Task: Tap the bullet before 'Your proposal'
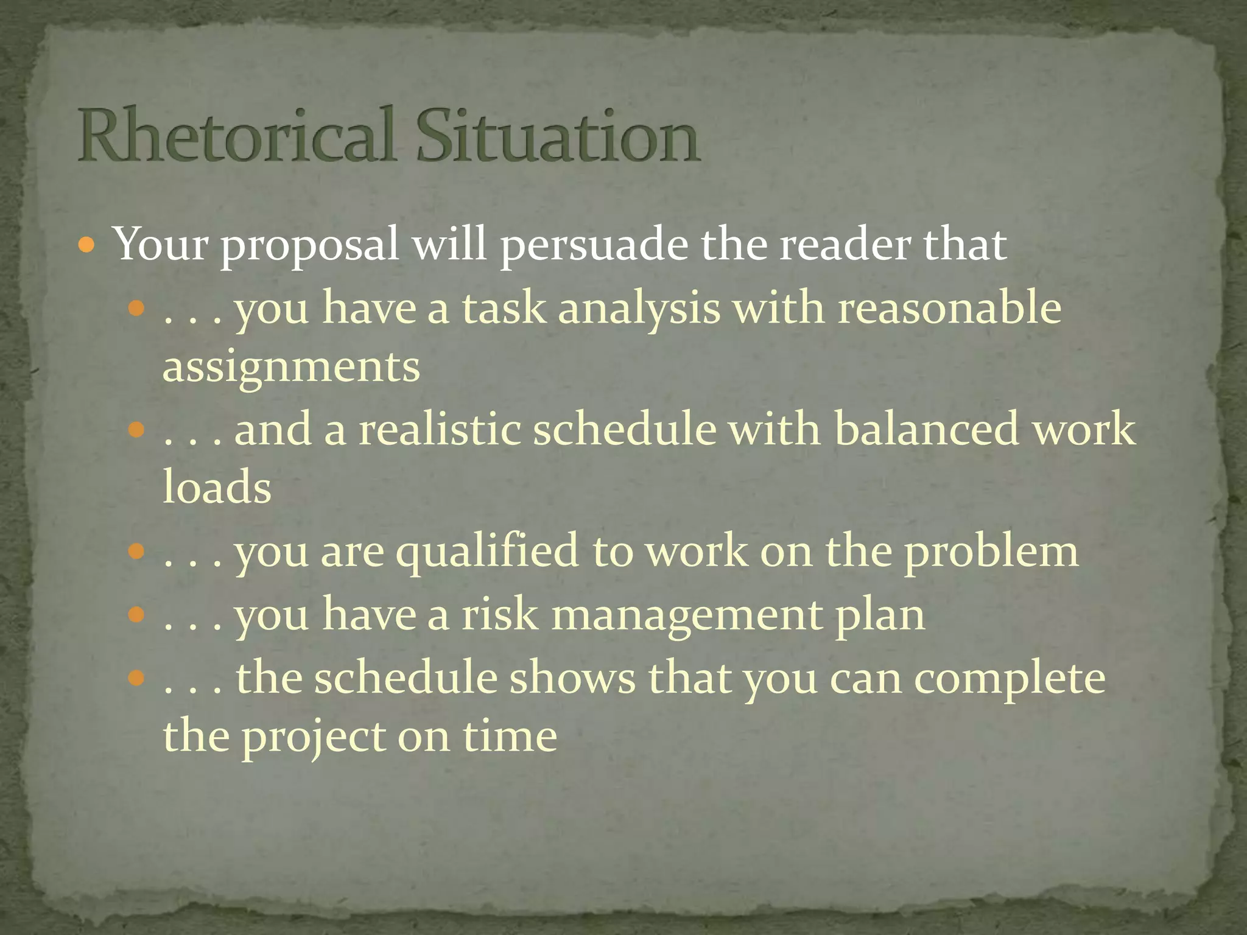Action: click(x=88, y=246)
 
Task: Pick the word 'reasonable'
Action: click(x=949, y=308)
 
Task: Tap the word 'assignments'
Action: click(x=291, y=366)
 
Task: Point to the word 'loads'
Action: click(x=217, y=487)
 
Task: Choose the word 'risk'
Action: click(x=500, y=615)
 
